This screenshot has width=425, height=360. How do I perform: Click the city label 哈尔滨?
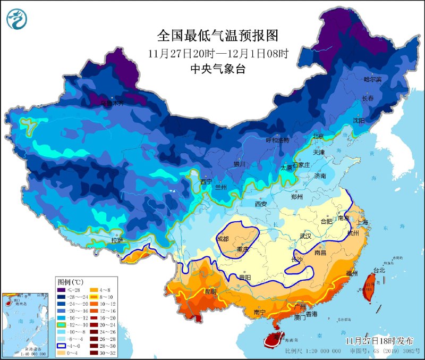[x=372, y=79]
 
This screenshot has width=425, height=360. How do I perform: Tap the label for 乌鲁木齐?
[x=112, y=103]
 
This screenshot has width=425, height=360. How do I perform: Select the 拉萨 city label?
[x=118, y=240]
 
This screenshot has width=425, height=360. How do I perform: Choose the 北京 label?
[x=318, y=136]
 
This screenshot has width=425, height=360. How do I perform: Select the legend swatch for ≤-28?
[x=62, y=290]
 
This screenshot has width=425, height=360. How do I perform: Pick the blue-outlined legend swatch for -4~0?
[x=62, y=344]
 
